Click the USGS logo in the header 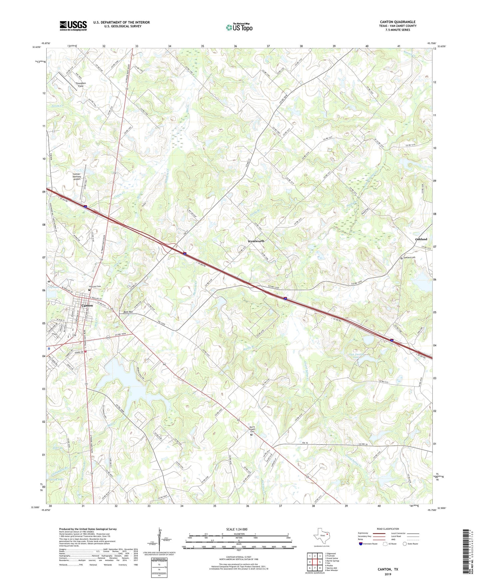pos(73,26)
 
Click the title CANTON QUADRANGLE pos(397,22)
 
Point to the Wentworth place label pos(256,241)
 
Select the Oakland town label pos(421,239)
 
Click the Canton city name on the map pos(87,305)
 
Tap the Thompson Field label pos(81,85)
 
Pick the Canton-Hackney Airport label pos(77,176)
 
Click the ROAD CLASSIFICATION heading pos(388,529)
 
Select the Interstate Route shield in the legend pos(361,544)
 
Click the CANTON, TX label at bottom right pos(387,569)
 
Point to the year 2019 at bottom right pos(388,574)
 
